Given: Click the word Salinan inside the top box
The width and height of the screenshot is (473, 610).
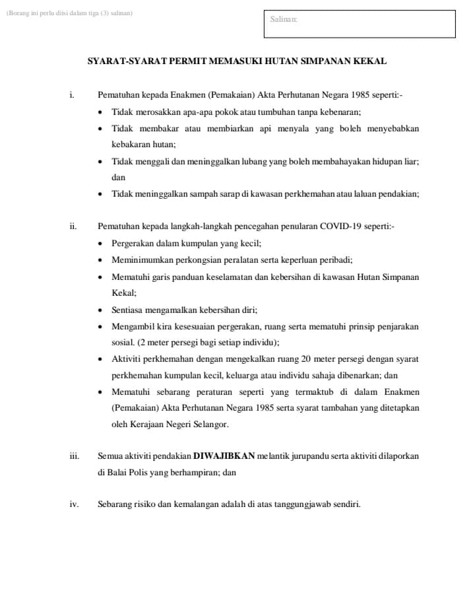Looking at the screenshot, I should [x=284, y=19].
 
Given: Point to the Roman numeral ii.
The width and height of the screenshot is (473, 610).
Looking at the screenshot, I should [x=73, y=226].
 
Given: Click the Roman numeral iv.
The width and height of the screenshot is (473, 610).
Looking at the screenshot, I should [x=74, y=504].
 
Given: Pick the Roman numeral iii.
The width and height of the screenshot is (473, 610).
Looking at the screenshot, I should [x=74, y=456].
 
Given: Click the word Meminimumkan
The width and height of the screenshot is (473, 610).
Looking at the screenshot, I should [x=138, y=259].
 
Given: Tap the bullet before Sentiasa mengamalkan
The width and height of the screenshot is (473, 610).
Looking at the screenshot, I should [x=100, y=310].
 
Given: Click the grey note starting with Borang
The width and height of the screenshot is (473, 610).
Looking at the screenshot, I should [x=69, y=13].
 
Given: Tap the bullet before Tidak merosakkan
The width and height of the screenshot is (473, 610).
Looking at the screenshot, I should [x=100, y=112].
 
